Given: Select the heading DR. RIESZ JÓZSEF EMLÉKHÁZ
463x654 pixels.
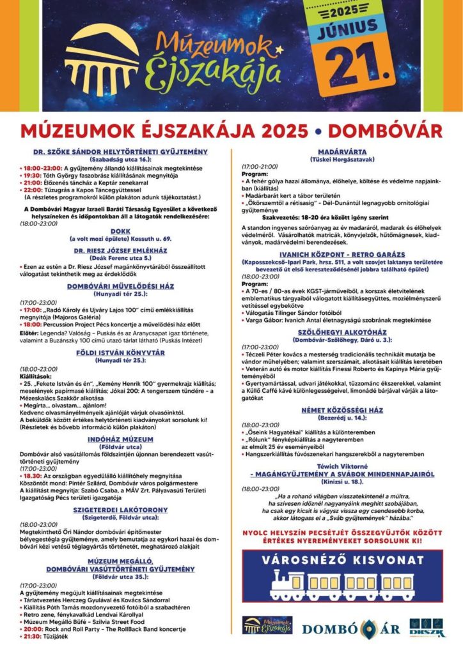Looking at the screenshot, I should click(x=120, y=251).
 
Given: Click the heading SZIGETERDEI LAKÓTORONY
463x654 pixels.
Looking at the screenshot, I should click(x=120, y=510).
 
